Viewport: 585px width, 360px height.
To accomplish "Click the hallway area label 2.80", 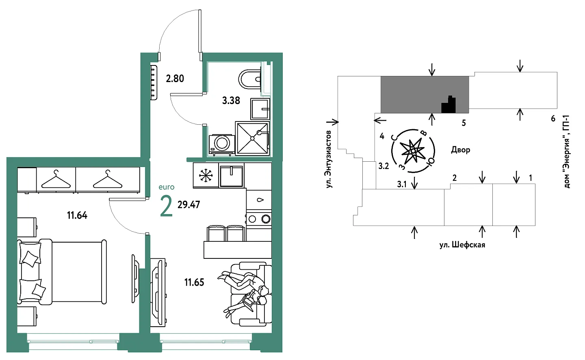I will [175, 78].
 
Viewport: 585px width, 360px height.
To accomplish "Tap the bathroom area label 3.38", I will [231, 100].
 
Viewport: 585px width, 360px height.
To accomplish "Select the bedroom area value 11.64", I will [77, 215].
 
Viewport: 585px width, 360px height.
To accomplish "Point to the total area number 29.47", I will [189, 204].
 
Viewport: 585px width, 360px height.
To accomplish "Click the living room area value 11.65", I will [194, 282].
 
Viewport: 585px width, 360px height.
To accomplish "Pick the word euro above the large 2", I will [167, 187].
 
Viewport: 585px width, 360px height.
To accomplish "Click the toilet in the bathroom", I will [250, 79].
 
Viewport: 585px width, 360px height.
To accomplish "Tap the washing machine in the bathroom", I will [221, 144].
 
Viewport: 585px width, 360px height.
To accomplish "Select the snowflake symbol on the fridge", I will [206, 175].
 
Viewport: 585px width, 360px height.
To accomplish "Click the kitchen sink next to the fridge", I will [232, 175].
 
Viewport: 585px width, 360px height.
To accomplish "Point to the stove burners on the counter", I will [259, 219].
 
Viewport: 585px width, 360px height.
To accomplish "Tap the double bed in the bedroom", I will [63, 271].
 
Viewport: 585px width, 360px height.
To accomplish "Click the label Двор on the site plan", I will [461, 150].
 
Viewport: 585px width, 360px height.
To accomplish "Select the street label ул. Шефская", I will [462, 245].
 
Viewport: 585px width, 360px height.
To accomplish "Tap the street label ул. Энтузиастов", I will [329, 159].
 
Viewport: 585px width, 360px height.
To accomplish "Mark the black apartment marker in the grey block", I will [448, 105].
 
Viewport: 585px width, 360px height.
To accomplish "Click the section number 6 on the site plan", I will [553, 119].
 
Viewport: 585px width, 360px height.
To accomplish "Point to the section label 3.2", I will [383, 166].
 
